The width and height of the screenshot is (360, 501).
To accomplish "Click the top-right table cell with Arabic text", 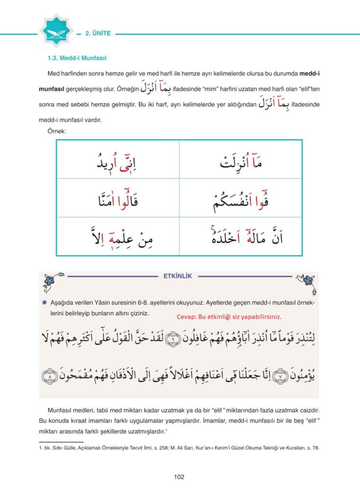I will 241,160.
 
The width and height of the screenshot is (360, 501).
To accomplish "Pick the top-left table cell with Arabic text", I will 118,160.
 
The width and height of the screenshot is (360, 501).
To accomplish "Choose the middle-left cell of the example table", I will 118,198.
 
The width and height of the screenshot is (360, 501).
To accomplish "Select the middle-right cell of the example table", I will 241,198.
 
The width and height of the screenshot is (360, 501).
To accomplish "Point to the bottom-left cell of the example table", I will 118,236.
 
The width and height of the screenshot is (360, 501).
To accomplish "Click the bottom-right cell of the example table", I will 241,236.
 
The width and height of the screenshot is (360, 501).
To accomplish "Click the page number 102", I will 179,477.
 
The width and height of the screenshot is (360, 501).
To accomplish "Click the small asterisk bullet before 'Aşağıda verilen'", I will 45,302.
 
